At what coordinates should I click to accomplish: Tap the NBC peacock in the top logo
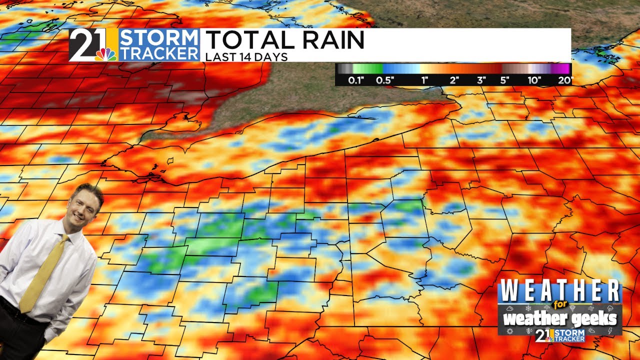[x=105, y=54]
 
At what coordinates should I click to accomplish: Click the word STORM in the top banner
[x=159, y=38]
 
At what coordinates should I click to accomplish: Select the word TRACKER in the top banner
[x=159, y=53]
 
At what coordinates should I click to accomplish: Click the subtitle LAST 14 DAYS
[x=246, y=57]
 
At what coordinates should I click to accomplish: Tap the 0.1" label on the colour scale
[x=356, y=80]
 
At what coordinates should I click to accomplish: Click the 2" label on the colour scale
[x=454, y=80]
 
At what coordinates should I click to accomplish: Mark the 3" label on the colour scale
[x=481, y=80]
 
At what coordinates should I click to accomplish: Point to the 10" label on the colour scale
[x=534, y=80]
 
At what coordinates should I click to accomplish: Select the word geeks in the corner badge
[x=595, y=319]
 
